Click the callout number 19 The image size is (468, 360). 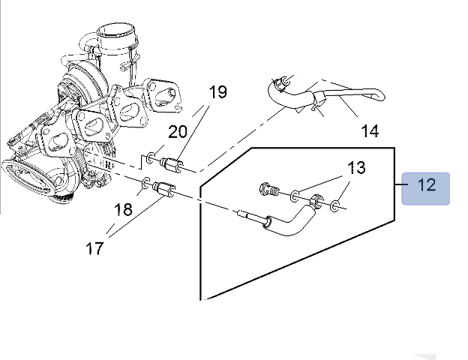[217, 93]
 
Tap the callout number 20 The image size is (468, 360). [178, 132]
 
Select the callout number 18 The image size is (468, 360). [124, 209]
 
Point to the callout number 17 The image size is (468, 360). [94, 248]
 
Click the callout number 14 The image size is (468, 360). [370, 132]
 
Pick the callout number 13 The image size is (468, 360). [356, 167]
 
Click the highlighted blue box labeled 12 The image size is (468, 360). [426, 185]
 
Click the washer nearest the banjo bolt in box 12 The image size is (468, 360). [295, 196]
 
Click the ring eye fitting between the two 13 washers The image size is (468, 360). [319, 200]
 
